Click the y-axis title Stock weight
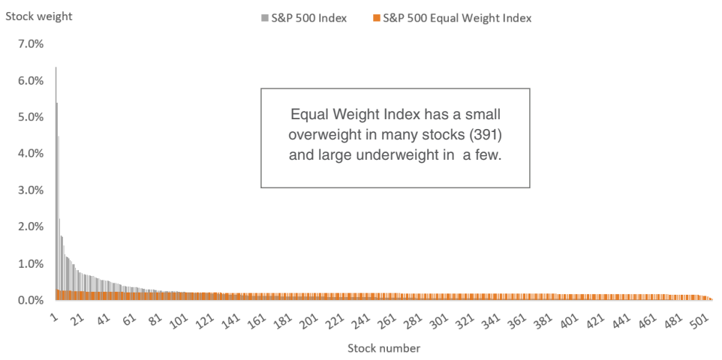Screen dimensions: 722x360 (x=39, y=16)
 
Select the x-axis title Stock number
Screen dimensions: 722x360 (x=384, y=347)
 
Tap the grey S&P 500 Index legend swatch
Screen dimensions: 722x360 (x=264, y=19)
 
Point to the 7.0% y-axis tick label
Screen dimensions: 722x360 (x=31, y=45)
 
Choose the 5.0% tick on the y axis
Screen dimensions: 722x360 (x=31, y=118)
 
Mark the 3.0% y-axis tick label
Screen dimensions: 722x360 (x=31, y=190)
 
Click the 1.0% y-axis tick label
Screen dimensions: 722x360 (x=31, y=264)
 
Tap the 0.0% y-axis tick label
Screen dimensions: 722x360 (x=31, y=301)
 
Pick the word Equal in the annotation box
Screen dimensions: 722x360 (x=307, y=114)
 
